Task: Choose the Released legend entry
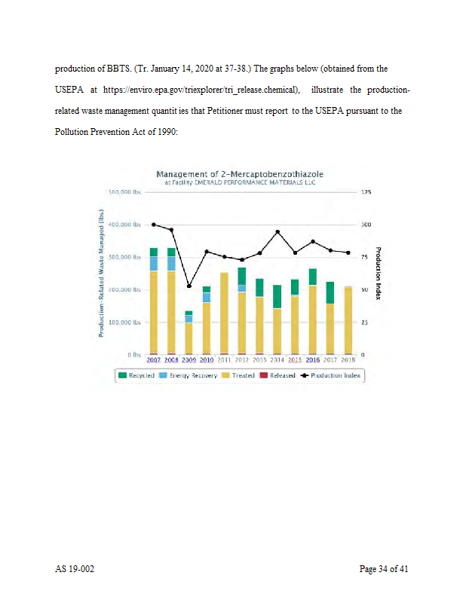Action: [278, 375]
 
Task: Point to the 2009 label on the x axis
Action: [189, 360]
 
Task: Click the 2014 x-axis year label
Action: [277, 360]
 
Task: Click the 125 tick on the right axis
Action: [366, 192]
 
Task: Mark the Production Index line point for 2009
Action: [189, 286]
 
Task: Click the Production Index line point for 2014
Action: [277, 231]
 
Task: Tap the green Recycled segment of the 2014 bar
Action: [277, 296]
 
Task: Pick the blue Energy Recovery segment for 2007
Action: [153, 263]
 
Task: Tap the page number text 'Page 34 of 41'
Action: [385, 569]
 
